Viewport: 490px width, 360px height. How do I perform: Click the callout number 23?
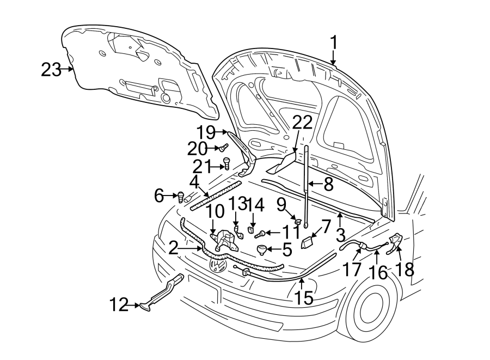(51, 70)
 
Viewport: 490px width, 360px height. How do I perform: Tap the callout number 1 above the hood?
(333, 42)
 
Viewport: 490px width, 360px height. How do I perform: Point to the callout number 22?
(303, 123)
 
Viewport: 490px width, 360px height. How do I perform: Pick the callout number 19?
(207, 132)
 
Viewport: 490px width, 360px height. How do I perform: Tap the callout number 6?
(158, 196)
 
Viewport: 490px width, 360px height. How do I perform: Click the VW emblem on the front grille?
(218, 265)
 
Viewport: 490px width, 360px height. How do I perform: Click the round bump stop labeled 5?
(262, 249)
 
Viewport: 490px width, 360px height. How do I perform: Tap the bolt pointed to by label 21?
(228, 163)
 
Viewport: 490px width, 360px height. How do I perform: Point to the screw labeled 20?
(223, 147)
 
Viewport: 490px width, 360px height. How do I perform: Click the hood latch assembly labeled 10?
(222, 240)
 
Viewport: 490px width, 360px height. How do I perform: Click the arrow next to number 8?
(315, 184)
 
